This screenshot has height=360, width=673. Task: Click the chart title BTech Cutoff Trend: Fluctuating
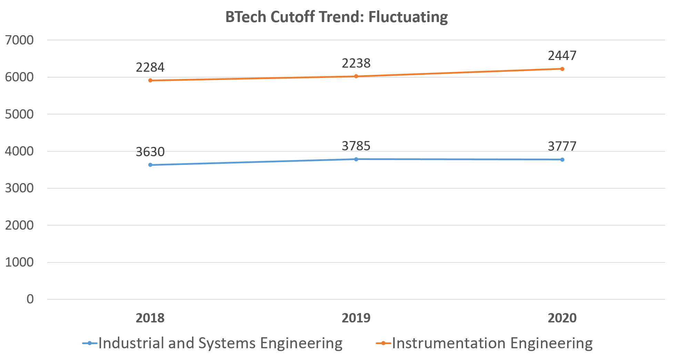pos(336,17)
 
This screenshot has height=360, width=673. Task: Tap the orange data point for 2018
pos(150,80)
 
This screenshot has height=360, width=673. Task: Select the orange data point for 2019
pos(356,76)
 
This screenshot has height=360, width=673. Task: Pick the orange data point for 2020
pos(562,69)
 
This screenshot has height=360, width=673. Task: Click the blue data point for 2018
pos(150,165)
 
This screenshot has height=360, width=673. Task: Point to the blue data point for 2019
pos(356,159)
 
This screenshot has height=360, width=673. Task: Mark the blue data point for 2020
pos(562,160)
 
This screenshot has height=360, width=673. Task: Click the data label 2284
pos(150,67)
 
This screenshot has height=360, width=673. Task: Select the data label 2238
pos(356,63)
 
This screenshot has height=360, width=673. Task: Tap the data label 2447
pos(562,56)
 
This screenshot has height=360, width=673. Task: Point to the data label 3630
pos(150,152)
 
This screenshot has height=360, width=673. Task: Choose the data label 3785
pos(356,146)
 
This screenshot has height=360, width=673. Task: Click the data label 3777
pos(562,146)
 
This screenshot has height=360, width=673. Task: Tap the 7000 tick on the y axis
pos(19,40)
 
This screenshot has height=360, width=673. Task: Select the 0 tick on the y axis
pos(30,299)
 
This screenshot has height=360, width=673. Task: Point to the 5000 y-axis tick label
pos(19,114)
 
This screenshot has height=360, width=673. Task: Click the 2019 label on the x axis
pos(356,318)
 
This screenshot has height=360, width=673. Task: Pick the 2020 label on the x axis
pos(562,318)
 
